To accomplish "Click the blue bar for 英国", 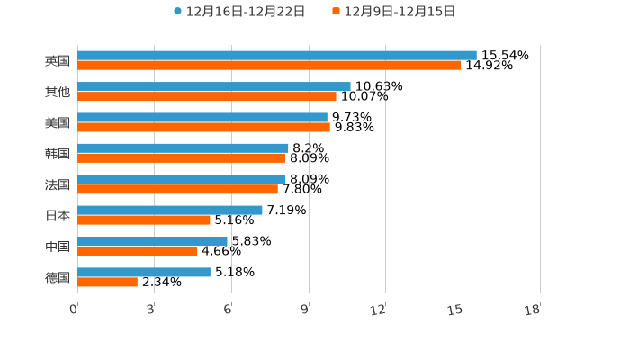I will [277, 56].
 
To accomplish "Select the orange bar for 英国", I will [269, 66].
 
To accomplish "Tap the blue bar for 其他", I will [214, 87].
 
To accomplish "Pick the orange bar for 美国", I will [203, 128].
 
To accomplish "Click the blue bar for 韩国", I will [183, 148].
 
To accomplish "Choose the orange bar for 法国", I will [177, 190].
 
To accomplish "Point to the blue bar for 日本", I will [170, 210].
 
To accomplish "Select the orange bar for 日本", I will [144, 220].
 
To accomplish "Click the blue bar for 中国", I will [152, 241].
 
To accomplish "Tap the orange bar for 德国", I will [107, 283].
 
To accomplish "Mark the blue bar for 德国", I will [144, 272].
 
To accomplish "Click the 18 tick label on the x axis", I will [533, 310].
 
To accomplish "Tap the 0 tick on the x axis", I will [74, 310].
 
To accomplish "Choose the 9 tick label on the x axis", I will [305, 310].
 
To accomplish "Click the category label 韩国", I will [58, 154].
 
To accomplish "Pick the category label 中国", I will [58, 247].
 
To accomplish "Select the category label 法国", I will [58, 184].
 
